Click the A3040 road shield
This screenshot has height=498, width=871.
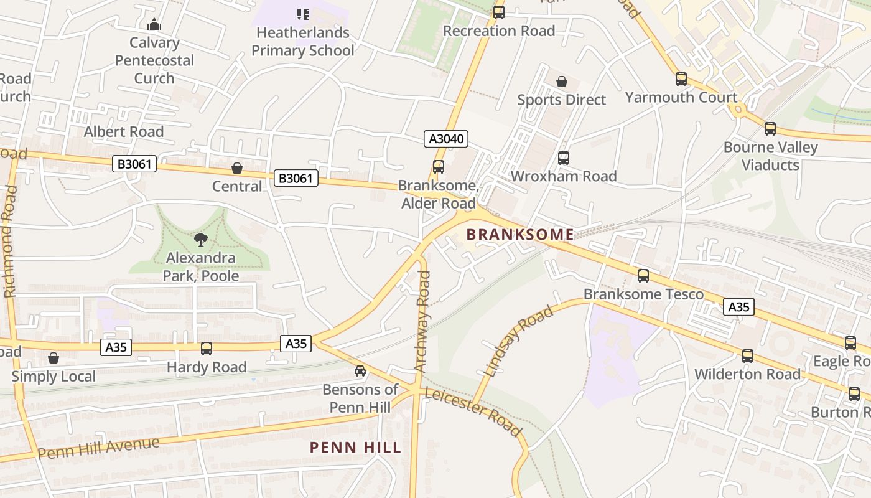(x=446, y=139)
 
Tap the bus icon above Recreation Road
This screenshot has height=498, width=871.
(x=499, y=12)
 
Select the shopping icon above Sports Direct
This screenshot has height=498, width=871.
(x=562, y=82)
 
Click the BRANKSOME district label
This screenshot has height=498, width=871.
(x=520, y=235)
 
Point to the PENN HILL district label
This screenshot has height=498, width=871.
(x=355, y=448)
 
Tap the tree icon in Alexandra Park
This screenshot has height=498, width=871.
(x=200, y=240)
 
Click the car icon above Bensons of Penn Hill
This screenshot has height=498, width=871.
(x=360, y=371)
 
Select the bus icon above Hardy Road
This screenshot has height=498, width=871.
(x=207, y=349)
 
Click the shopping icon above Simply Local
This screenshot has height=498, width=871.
(x=54, y=358)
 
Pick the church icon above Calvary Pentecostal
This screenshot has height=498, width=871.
(x=154, y=25)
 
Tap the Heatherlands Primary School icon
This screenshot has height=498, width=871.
(x=303, y=14)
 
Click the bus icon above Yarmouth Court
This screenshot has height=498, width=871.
(x=681, y=79)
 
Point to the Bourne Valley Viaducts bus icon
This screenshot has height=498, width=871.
(x=770, y=129)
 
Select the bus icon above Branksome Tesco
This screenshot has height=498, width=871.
(x=643, y=275)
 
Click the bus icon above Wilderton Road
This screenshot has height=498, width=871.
(x=748, y=356)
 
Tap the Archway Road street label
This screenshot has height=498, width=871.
(x=422, y=322)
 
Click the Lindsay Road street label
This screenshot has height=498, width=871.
(x=518, y=342)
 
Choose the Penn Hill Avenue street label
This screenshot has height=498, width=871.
(x=98, y=448)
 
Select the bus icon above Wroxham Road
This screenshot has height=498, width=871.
(x=564, y=158)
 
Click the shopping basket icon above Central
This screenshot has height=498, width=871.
(x=237, y=168)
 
